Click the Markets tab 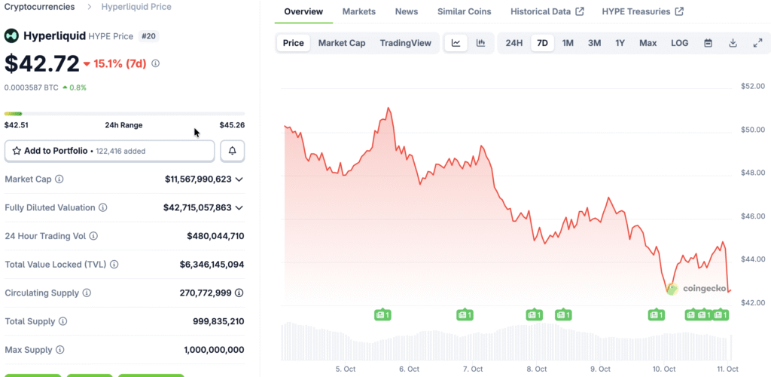tap(358, 11)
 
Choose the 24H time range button tap(513, 43)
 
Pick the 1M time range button tap(568, 43)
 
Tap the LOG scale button tap(679, 43)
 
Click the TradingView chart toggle tap(406, 43)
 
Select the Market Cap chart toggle tap(342, 43)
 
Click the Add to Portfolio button tap(109, 151)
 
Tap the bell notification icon tap(233, 151)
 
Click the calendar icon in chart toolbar tap(708, 43)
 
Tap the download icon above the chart tap(733, 43)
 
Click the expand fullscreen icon tap(757, 43)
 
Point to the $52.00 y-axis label tap(752, 86)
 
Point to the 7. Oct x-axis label tap(473, 369)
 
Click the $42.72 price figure tap(41, 63)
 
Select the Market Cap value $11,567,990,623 tap(198, 179)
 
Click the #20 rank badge tap(148, 35)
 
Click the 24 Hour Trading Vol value tap(215, 236)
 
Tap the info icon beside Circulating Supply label tap(87, 293)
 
